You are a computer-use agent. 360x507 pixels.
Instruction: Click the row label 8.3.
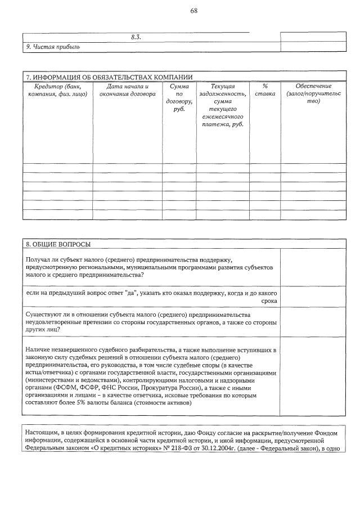(x=136, y=37)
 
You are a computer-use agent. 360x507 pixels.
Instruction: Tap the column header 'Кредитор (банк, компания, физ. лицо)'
(x=57, y=90)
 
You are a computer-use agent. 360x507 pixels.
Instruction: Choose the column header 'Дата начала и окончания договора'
(x=127, y=90)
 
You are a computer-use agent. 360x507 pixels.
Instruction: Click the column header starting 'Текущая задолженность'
(x=223, y=105)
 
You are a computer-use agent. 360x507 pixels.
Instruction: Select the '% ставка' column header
(x=265, y=90)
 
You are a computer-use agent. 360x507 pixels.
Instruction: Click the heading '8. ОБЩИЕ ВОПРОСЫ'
(x=58, y=244)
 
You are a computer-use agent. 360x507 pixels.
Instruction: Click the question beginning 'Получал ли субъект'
(x=150, y=267)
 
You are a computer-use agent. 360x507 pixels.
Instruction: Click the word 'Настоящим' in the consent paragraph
(x=42, y=432)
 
